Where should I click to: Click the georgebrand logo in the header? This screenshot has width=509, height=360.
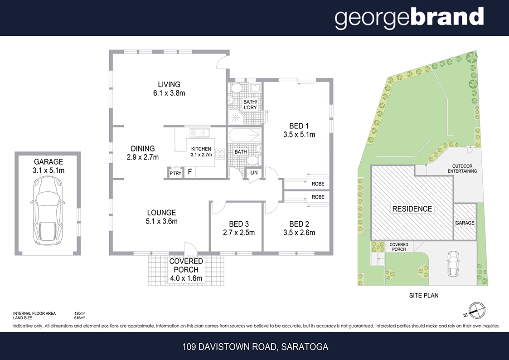[x=409, y=18]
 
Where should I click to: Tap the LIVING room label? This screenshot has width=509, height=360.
[x=169, y=84]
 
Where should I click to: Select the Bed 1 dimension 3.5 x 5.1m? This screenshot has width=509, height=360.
[x=299, y=135]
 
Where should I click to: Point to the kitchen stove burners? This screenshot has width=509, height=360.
[x=221, y=154]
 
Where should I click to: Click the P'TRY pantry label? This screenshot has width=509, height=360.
[x=175, y=173]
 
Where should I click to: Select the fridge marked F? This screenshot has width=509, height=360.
[x=190, y=172]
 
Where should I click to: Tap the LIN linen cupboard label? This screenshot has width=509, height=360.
[x=254, y=173]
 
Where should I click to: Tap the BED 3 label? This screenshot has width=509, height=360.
[x=238, y=224]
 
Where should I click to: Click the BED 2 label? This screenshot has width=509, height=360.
[x=299, y=224]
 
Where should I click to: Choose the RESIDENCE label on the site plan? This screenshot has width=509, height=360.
[x=412, y=209]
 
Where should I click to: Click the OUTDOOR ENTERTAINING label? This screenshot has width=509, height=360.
[x=462, y=168]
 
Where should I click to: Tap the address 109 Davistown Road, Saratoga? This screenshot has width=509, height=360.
[x=255, y=347]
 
